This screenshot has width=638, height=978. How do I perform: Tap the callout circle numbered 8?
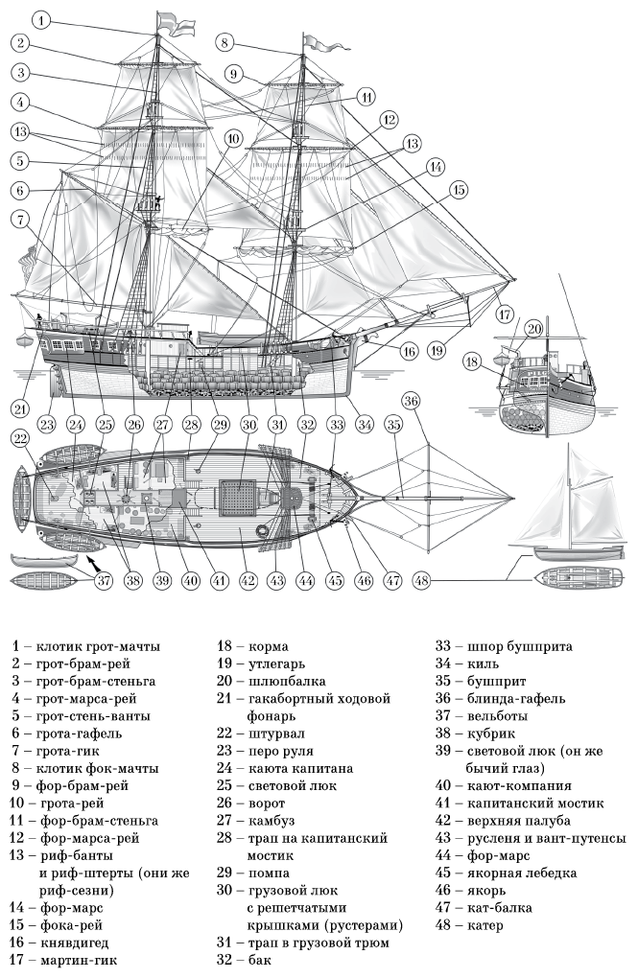[224, 42]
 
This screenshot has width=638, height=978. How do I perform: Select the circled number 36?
[411, 400]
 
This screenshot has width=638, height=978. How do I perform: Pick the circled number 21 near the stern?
[20, 408]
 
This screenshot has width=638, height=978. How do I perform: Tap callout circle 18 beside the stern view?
[471, 361]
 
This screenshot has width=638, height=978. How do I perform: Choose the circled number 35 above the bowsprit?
[392, 423]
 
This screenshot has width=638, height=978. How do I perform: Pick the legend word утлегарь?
[271, 664]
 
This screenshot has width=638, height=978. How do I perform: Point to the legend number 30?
[226, 891]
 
